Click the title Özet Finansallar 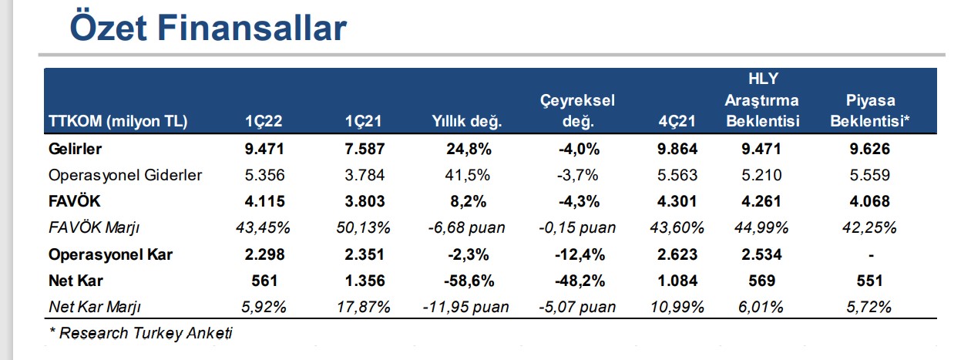(208, 28)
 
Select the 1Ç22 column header (264, 121)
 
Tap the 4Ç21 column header (677, 121)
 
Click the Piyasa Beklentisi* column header (869, 110)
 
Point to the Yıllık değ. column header (467, 121)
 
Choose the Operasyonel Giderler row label (126, 175)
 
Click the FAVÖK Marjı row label (94, 227)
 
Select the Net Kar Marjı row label (95, 307)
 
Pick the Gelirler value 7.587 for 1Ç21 (365, 150)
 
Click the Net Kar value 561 (264, 281)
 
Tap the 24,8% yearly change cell (469, 150)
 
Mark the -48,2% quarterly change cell (580, 281)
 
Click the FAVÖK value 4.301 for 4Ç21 (677, 201)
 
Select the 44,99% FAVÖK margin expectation (761, 227)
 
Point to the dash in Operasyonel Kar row (871, 255)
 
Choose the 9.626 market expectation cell (869, 150)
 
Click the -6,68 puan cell (466, 227)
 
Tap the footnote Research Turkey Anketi (141, 333)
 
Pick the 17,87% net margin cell (364, 307)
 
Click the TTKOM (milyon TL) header (118, 121)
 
